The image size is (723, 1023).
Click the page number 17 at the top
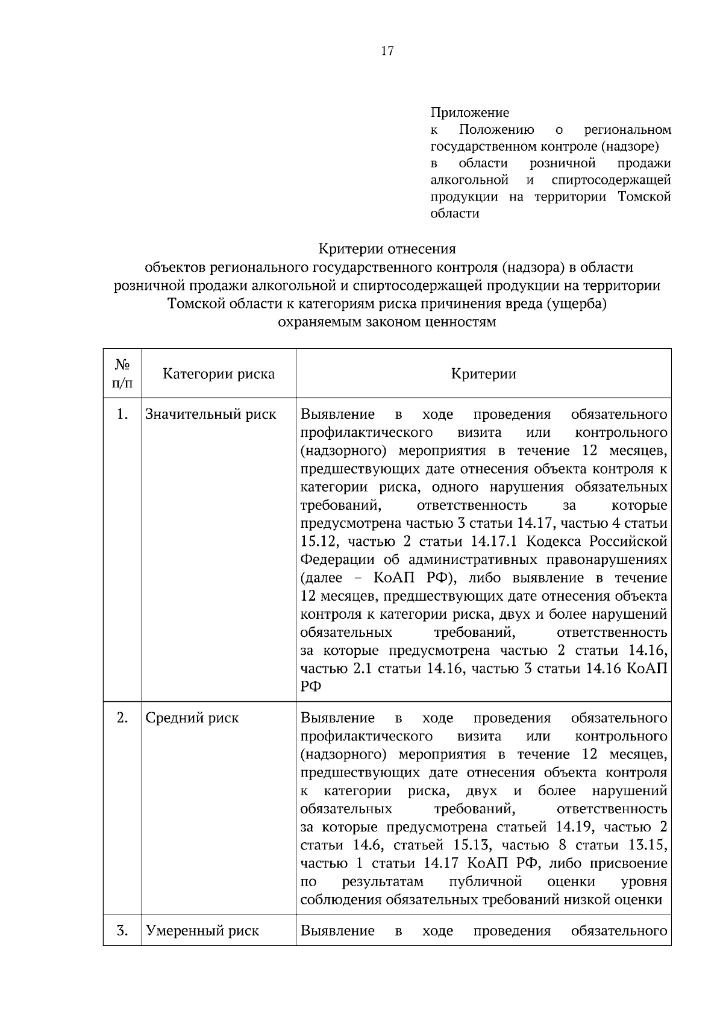[x=387, y=51]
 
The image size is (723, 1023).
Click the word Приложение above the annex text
[x=469, y=113]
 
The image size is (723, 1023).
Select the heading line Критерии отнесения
[x=387, y=249]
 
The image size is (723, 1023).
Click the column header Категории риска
[x=219, y=374]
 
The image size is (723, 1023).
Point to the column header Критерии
[x=483, y=374]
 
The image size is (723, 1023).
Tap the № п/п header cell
[x=123, y=374]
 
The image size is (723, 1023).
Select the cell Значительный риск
[x=211, y=415]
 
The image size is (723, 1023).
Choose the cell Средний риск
[x=192, y=718]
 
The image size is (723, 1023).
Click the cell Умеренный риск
[x=202, y=931]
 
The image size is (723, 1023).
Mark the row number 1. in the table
[x=123, y=415]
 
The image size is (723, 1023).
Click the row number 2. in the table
[x=123, y=718]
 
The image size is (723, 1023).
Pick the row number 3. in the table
[x=123, y=931]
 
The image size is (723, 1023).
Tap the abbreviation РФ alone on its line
[x=311, y=687]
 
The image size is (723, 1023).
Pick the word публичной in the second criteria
[x=485, y=882]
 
